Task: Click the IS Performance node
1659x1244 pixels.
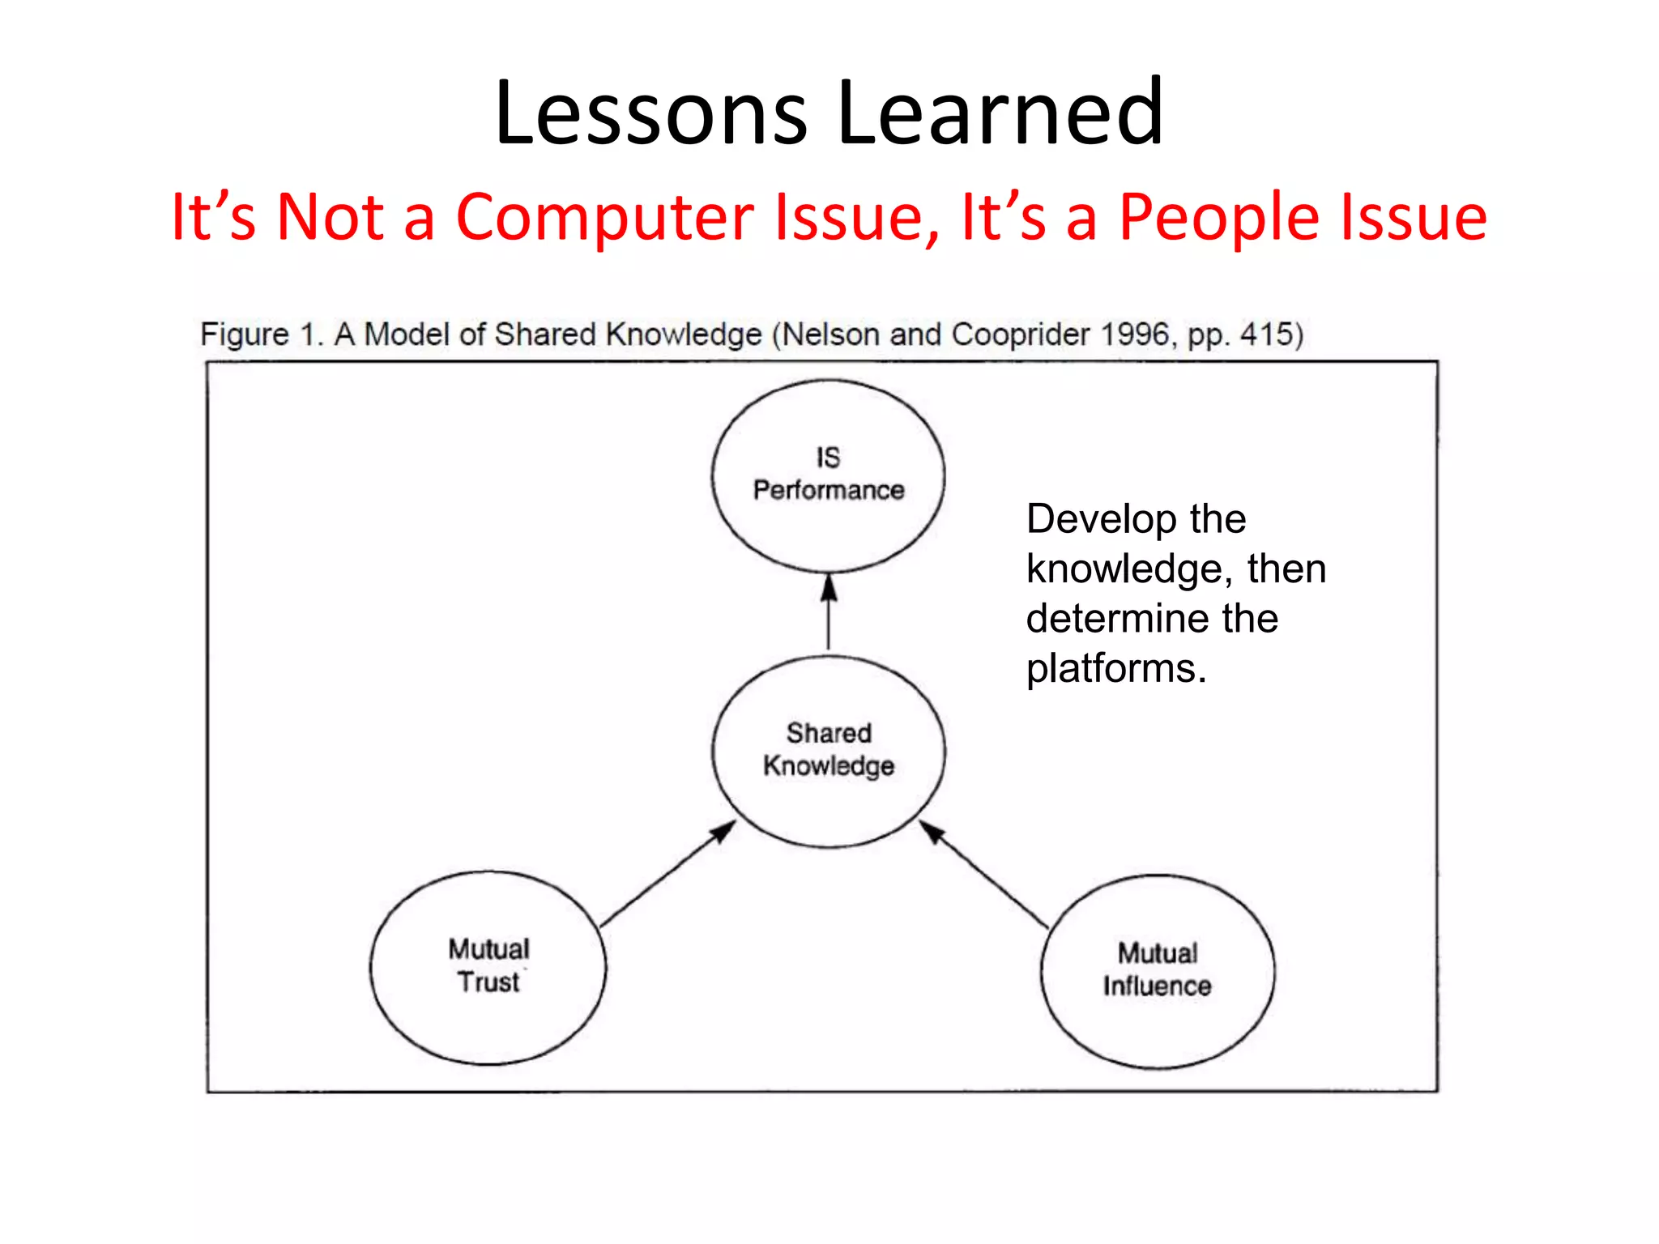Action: pos(828,476)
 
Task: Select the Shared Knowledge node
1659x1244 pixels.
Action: pos(828,752)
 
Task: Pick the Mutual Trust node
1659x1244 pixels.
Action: pos(488,967)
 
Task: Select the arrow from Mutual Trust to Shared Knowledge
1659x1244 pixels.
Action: pos(667,875)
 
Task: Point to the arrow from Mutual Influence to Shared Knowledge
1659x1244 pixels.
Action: pos(983,875)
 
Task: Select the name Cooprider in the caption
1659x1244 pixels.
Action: pos(1020,334)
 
